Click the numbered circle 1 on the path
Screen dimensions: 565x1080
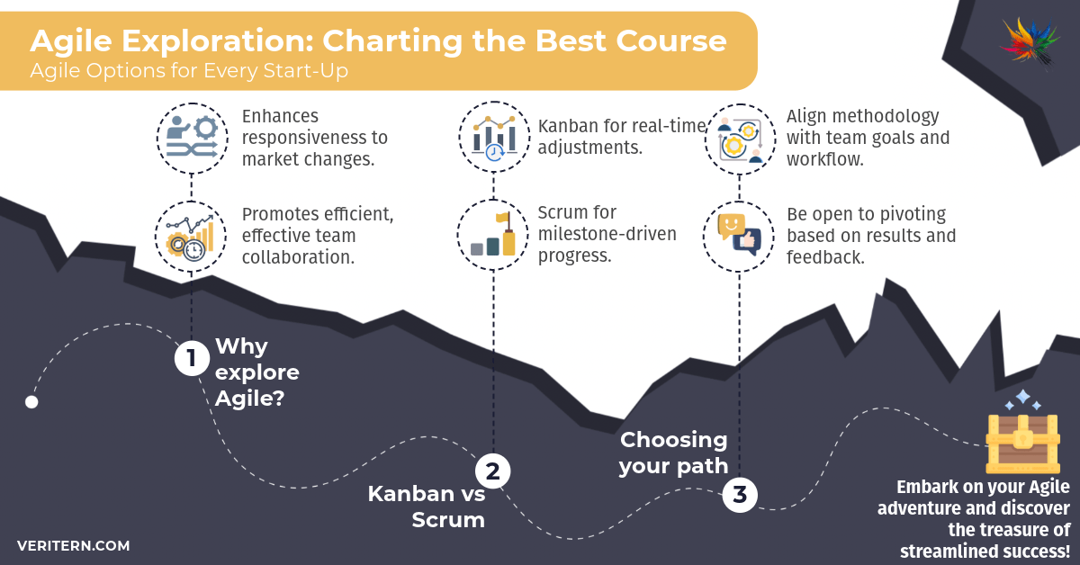tap(191, 359)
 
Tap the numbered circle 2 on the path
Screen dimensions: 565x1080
tap(492, 470)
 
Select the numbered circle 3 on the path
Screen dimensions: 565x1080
tap(739, 494)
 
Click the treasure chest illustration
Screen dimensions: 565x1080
tap(1021, 441)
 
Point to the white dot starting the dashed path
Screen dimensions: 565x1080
tap(31, 402)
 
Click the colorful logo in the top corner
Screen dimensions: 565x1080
tap(1030, 40)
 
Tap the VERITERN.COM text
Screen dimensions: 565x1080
tap(73, 546)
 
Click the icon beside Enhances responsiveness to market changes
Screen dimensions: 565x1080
tap(191, 138)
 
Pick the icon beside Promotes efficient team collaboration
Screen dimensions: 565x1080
tap(191, 235)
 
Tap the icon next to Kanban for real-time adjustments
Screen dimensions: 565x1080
tap(493, 138)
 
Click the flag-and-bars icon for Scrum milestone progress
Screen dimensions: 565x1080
tap(493, 235)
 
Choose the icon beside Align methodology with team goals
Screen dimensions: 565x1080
tap(739, 138)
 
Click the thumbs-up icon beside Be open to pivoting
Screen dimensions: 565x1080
tap(739, 235)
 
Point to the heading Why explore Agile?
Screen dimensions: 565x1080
tap(256, 372)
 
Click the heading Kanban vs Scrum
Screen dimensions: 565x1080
tap(427, 507)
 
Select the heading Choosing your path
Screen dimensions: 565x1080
tap(674, 453)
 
